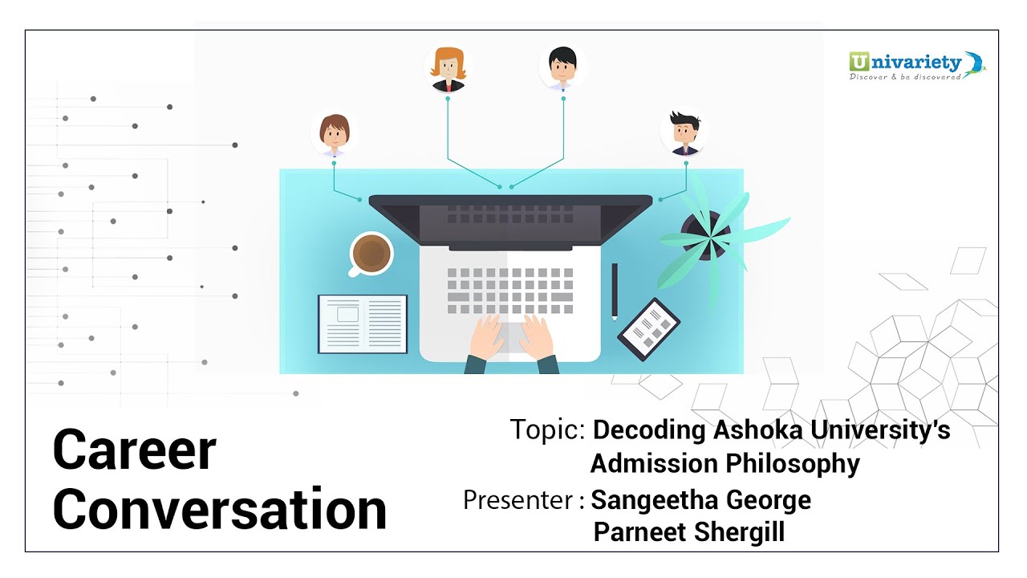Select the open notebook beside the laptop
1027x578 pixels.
pos(363,324)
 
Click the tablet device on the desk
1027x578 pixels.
pos(648,329)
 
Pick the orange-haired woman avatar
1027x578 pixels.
pos(449,69)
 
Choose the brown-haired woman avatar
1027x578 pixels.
pos(333,133)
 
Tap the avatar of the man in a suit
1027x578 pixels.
pos(684,132)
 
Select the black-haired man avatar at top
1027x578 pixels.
pos(562,67)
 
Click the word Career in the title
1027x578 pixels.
pos(134,450)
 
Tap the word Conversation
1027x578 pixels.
pos(220,509)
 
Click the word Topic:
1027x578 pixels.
pos(547,430)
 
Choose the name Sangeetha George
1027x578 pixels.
pos(700,500)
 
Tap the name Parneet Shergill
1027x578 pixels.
pos(688,532)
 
